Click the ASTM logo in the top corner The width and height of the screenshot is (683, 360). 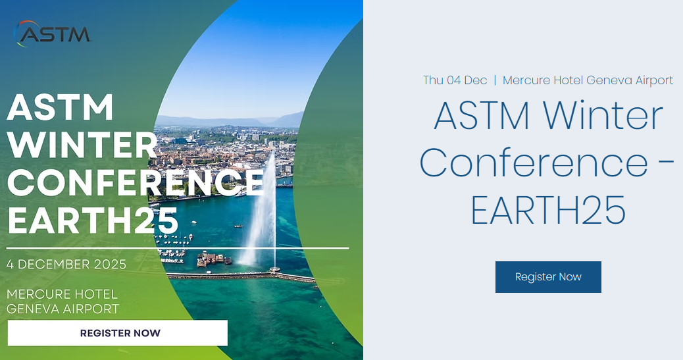(52, 34)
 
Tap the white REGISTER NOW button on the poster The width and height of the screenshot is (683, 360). (118, 333)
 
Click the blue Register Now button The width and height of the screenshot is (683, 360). (548, 277)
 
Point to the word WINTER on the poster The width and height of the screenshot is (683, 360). (82, 145)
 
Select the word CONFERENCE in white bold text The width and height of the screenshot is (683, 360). (136, 182)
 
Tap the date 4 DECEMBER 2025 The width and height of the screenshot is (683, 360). (66, 264)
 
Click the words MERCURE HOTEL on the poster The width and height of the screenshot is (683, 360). (62, 294)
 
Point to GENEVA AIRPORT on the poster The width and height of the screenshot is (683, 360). (63, 309)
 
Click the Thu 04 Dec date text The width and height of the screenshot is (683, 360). (455, 80)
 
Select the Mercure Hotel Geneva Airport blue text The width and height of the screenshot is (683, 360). (588, 80)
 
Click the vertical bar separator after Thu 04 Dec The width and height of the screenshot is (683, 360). (495, 80)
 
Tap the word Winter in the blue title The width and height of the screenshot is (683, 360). (603, 115)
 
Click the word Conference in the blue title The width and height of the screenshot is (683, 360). (534, 162)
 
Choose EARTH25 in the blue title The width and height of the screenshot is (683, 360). (548, 209)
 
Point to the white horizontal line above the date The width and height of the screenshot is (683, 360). (178, 248)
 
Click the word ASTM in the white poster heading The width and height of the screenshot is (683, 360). (60, 107)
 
